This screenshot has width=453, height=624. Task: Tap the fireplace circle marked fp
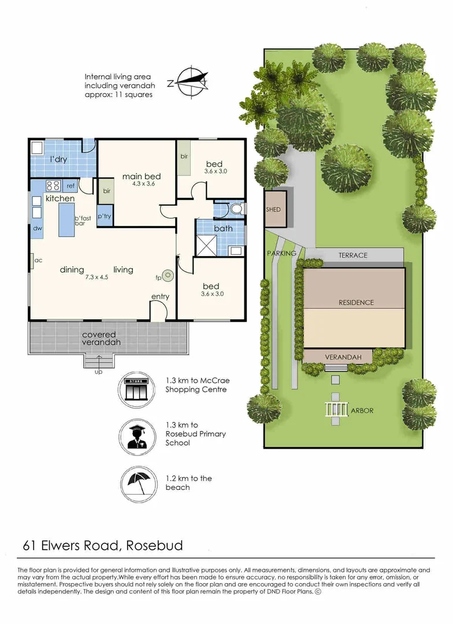pos(168,276)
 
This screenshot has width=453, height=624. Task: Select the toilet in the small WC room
pos(235,209)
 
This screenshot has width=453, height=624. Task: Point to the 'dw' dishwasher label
pos(37,229)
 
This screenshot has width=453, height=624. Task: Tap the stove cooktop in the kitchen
pos(53,185)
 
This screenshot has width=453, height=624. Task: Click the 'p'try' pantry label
pos(105,216)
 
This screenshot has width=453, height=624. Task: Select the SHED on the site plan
pos(273,210)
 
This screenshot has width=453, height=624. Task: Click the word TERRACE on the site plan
pos(353,255)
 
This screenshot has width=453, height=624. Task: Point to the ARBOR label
pos(362,411)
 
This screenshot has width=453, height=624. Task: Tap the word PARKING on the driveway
pos(281,253)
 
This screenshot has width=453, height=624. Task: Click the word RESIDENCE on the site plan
pos(356,302)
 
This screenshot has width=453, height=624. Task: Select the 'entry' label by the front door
pos(160,297)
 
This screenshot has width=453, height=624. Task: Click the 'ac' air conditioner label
pos(39,261)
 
